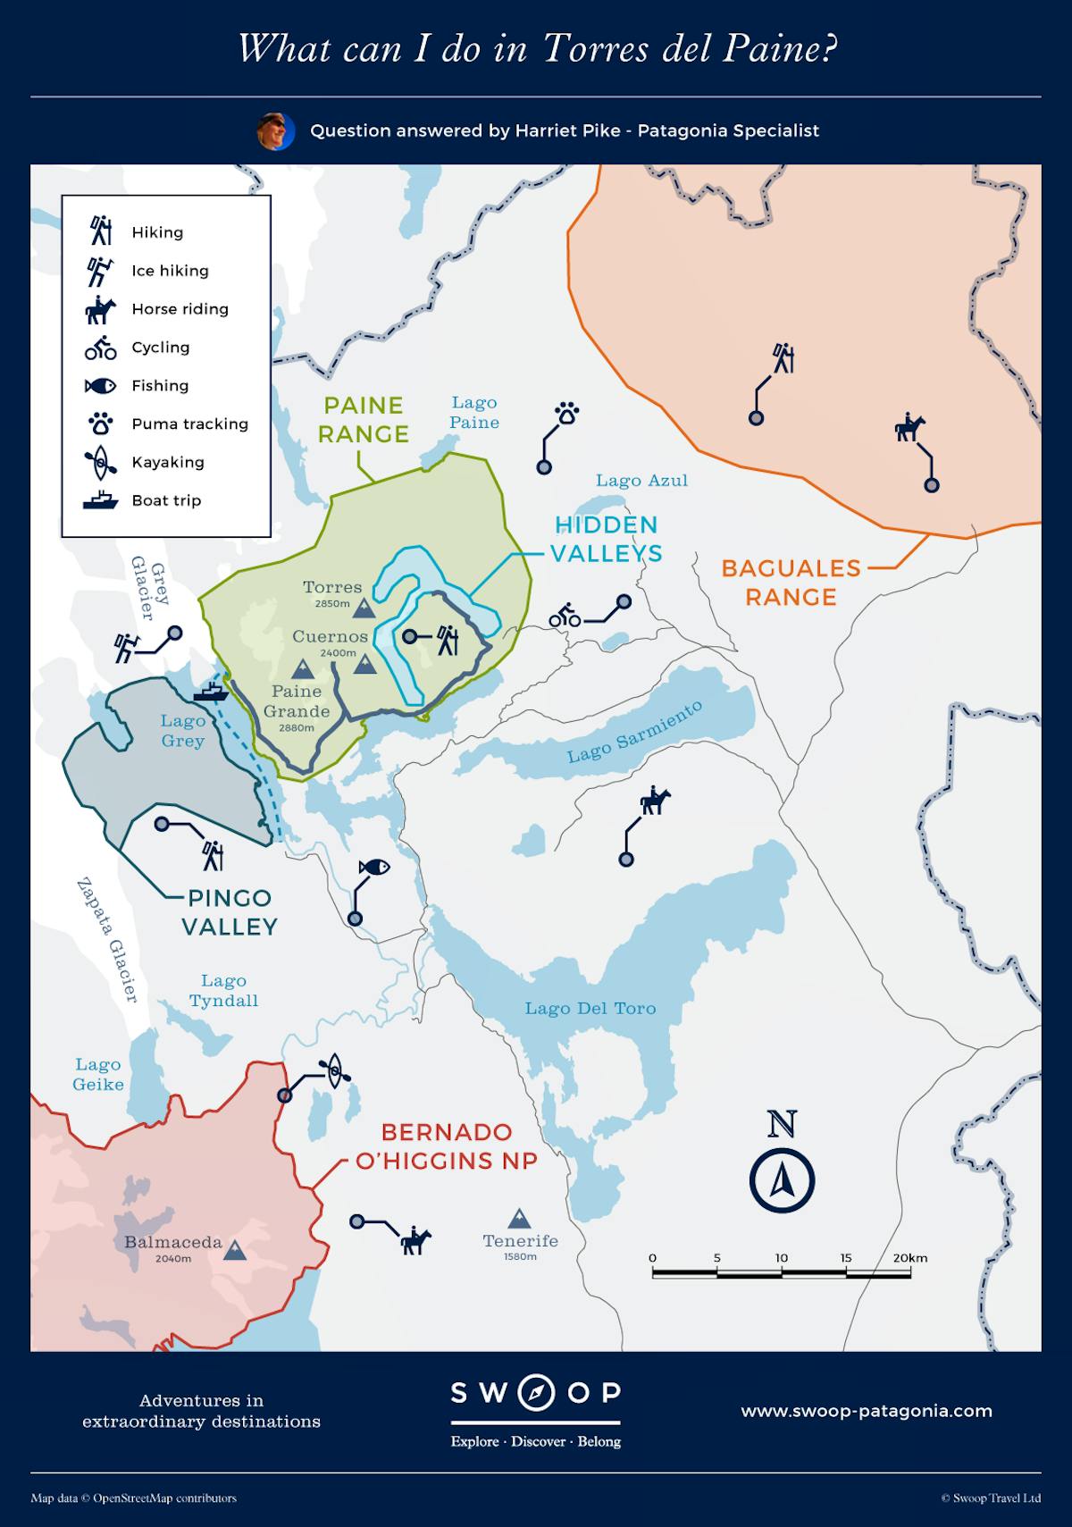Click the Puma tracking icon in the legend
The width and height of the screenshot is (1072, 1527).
point(101,424)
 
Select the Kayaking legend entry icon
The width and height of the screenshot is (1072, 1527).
point(101,462)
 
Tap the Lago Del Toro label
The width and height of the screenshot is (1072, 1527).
point(590,1008)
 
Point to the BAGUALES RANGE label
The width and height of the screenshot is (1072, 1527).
point(791,582)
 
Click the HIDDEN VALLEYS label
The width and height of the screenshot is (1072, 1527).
point(607,539)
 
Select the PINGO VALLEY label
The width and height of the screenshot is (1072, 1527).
point(230,912)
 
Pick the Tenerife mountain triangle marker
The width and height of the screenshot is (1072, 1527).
point(519,1219)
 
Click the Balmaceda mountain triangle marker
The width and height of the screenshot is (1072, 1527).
point(235,1250)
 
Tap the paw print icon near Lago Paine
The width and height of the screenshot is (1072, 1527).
point(567,414)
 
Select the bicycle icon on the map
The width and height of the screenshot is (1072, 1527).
point(565,616)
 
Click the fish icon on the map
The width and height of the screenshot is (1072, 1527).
point(374,866)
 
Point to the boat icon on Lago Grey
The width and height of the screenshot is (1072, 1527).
point(211,692)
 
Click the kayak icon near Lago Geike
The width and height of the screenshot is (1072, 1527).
point(334,1069)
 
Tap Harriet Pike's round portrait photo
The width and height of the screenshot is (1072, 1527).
point(275,131)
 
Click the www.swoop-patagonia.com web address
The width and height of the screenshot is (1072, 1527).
point(866,1411)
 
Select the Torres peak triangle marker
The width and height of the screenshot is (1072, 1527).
point(364,609)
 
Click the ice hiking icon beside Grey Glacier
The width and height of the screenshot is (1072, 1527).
point(126,647)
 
